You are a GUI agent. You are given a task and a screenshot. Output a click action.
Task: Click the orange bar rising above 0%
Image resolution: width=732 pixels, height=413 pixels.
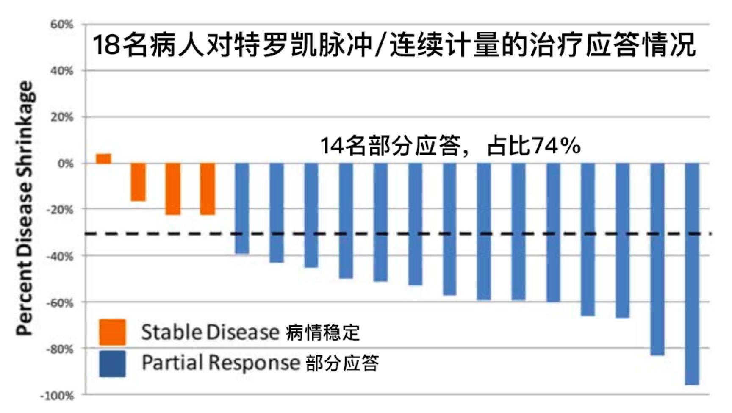103,158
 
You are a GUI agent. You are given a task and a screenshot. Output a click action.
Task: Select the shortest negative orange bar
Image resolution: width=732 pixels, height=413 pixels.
138,182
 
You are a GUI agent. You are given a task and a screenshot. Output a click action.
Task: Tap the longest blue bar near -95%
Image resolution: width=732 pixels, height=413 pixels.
692,274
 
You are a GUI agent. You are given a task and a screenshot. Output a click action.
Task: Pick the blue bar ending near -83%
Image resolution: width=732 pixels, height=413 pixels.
657,259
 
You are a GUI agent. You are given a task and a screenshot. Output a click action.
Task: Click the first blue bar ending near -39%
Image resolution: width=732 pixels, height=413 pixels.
242,208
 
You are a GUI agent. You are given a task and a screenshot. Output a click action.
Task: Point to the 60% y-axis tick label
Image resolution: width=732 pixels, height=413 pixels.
62,25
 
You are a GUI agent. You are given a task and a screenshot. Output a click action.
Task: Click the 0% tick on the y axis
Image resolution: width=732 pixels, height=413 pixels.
65,164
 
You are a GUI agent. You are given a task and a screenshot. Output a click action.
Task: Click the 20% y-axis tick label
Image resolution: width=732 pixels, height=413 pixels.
62,117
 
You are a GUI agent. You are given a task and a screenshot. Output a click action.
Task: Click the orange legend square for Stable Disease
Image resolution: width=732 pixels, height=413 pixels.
112,332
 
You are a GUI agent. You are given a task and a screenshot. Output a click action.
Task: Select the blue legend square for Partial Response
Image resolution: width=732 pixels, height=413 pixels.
112,363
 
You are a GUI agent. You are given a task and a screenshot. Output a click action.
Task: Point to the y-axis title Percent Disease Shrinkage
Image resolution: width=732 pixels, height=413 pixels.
24,208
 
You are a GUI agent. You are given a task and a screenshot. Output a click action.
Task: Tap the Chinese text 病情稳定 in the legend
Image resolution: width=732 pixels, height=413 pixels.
322,333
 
